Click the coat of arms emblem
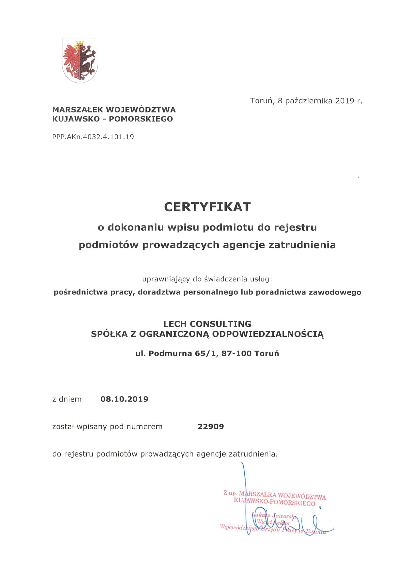(80, 61)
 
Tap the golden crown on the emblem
(80, 43)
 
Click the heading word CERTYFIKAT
(207, 207)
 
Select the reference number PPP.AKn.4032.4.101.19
(93, 137)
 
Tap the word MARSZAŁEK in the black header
(78, 110)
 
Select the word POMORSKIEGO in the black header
(141, 119)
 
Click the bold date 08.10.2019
(124, 399)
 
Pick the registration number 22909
(211, 427)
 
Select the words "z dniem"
(67, 399)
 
